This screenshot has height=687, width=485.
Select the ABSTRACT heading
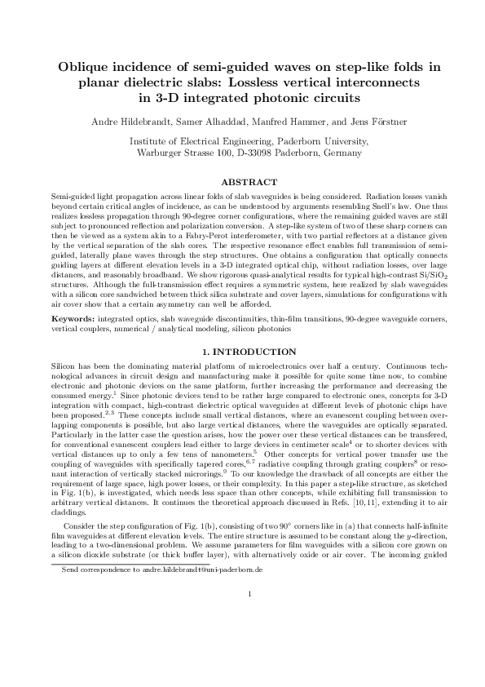tap(242, 182)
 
